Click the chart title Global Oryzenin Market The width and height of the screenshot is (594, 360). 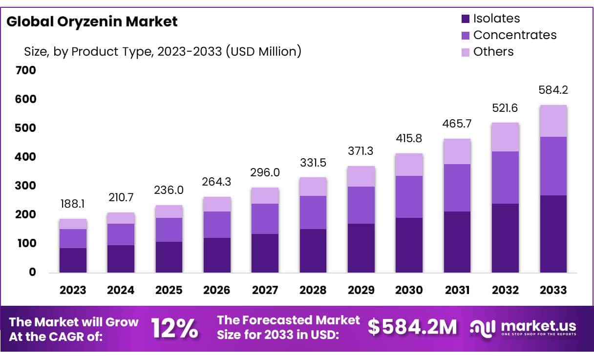92,21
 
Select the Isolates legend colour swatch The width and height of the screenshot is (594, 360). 466,19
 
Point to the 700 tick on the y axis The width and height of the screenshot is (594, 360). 27,70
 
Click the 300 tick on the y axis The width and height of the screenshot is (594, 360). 27,186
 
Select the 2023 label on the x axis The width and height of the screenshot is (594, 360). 73,290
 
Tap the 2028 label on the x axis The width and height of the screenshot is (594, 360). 313,290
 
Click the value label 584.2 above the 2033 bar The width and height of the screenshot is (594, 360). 553,90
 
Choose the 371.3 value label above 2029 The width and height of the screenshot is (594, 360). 361,151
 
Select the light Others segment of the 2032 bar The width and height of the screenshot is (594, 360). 505,137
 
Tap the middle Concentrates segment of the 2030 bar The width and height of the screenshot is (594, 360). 409,197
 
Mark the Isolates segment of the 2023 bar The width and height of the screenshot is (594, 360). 73,260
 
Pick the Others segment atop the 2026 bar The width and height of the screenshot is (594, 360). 217,204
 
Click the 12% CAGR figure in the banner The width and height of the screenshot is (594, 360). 174,328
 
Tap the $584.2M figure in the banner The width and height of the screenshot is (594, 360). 412,328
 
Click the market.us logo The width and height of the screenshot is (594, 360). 523,327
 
